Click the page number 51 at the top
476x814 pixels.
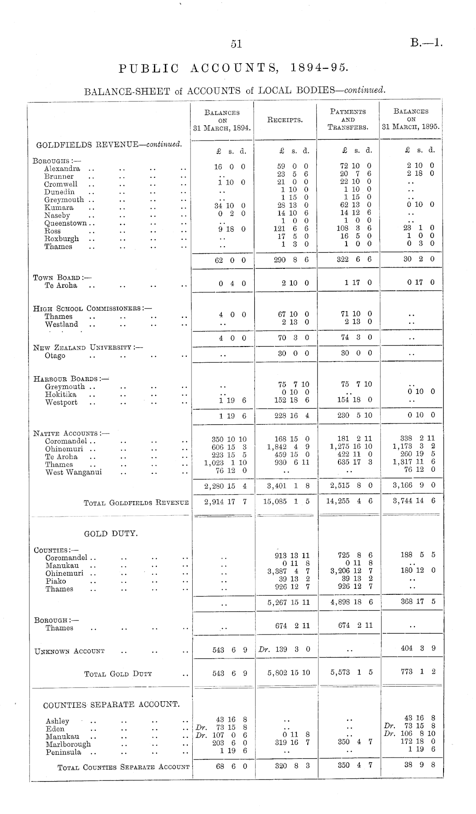tap(236, 44)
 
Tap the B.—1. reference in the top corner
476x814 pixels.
tap(426, 43)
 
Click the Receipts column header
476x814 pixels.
tap(285, 120)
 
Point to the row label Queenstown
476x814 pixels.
tap(66, 223)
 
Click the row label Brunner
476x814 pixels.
tap(59, 176)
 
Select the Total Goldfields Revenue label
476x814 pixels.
tap(136, 503)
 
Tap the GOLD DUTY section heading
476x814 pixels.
tap(111, 534)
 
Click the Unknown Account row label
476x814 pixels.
tap(69, 651)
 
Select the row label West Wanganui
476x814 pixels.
tap(73, 472)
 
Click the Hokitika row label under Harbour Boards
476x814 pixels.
tap(61, 394)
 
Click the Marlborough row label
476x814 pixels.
tap(68, 744)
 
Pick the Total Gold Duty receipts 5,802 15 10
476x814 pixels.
tap(288, 673)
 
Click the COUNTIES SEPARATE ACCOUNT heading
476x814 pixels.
tap(111, 704)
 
